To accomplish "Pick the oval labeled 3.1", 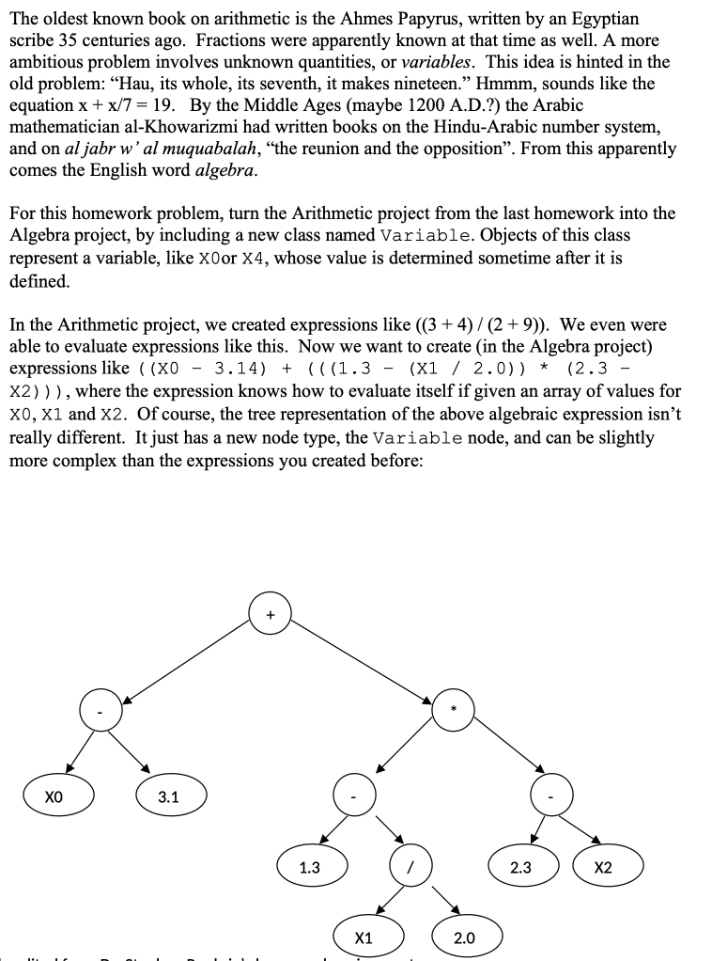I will [x=169, y=797].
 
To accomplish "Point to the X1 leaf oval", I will [x=364, y=937].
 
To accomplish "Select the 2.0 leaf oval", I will [x=464, y=937].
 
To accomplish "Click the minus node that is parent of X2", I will [x=551, y=797].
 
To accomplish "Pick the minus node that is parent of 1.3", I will [x=354, y=797].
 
